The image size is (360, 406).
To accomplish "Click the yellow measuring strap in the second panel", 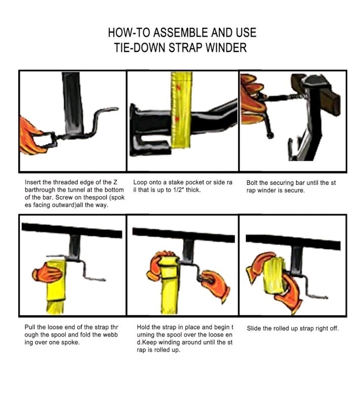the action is click(x=181, y=111).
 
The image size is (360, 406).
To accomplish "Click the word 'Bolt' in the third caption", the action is click(x=252, y=183).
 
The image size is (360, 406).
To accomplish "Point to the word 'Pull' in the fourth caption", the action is click(x=30, y=327).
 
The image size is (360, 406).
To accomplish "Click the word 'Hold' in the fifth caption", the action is click(x=143, y=327).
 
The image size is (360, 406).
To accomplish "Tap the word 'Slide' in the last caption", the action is click(x=254, y=328).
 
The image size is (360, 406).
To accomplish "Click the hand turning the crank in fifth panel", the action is click(x=215, y=285).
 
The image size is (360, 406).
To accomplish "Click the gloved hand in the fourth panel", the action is click(x=47, y=272).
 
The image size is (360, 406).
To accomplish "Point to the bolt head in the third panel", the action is click(x=270, y=135).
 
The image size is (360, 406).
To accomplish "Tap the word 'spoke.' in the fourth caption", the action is click(x=70, y=342).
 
